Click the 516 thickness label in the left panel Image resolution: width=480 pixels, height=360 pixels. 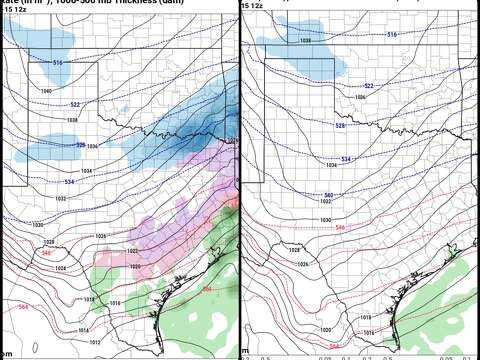coord(58,63)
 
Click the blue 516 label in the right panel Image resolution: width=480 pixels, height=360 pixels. coord(419,35)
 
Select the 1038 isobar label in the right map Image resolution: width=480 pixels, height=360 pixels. coord(306,41)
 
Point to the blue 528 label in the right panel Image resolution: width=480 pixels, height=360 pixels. coord(339,125)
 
